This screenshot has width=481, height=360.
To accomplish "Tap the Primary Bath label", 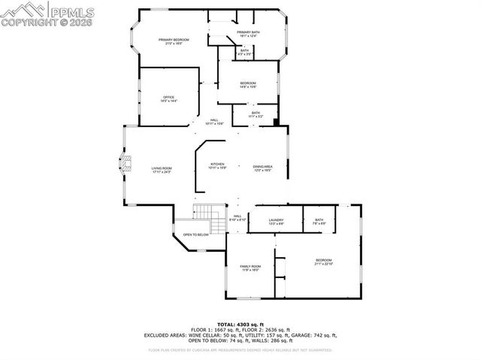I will click(x=248, y=34).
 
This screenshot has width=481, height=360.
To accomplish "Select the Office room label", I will click(x=168, y=99).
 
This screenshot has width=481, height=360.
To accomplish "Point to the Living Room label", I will click(x=162, y=170).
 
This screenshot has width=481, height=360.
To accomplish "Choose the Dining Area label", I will click(x=262, y=168).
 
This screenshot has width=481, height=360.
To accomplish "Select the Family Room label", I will click(x=250, y=268).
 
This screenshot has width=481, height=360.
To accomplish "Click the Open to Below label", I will click(x=195, y=235).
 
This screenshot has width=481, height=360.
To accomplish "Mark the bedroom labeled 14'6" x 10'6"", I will click(x=248, y=84).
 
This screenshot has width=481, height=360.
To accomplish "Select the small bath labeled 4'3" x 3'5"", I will click(x=244, y=53).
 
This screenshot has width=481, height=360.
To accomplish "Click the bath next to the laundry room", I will click(x=319, y=221).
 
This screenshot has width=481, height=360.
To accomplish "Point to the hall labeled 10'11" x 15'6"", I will click(x=214, y=123).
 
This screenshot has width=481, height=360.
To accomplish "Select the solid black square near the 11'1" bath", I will click(x=277, y=121).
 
